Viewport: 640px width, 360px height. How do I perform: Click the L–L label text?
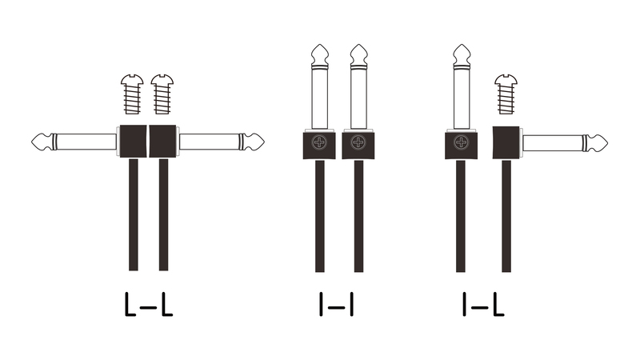(x=149, y=305)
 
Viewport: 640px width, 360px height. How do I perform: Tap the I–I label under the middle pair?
(x=336, y=305)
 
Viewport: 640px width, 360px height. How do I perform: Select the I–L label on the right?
(x=484, y=305)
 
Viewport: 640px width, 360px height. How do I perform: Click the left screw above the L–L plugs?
(x=132, y=94)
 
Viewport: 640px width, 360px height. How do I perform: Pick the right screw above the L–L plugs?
(x=162, y=94)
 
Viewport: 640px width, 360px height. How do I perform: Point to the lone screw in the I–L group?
(x=506, y=94)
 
